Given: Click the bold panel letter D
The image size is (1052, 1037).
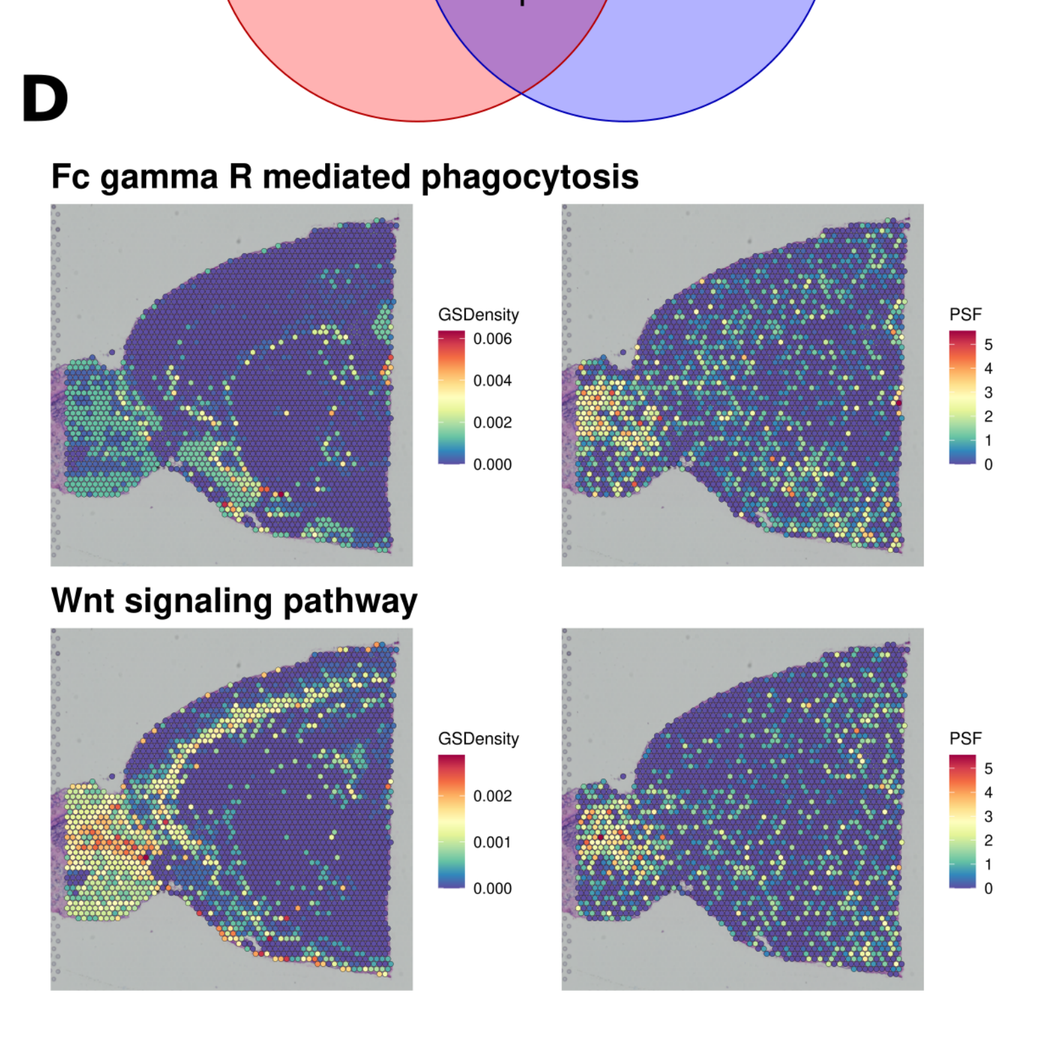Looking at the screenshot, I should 45,99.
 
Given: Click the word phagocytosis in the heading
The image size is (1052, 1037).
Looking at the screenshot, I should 529,177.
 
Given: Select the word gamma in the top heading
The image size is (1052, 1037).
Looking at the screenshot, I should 159,177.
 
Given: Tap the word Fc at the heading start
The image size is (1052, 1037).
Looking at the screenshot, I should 70,177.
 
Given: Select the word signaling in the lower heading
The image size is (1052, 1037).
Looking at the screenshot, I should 198,602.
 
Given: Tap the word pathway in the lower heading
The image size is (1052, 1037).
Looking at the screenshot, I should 350,602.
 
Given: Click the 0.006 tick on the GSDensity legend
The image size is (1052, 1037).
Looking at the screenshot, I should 492,339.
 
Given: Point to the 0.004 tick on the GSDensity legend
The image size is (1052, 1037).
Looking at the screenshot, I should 492,381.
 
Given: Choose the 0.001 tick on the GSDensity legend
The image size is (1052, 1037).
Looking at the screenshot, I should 492,843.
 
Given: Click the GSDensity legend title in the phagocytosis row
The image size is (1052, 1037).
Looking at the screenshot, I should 478,315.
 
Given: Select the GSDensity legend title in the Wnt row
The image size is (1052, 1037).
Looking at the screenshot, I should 478,739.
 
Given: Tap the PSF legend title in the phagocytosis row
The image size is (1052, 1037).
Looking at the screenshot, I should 965,315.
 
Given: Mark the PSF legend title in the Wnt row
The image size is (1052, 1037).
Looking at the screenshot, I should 965,739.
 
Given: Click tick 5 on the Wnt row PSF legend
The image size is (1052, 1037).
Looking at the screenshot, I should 989,768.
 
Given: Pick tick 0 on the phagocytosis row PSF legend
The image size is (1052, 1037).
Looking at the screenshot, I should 989,465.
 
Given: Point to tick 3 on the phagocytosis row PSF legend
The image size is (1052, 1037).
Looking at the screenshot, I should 989,393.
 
